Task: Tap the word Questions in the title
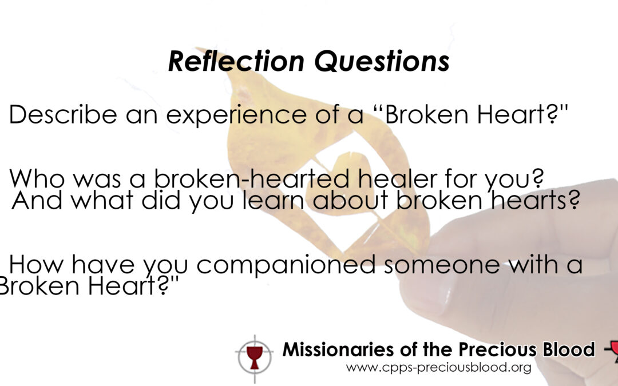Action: click(382, 61)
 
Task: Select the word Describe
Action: click(63, 114)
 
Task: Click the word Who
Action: click(37, 178)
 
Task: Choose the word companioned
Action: click(286, 265)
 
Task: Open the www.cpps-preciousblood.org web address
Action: click(439, 368)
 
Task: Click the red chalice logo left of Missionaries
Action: click(255, 357)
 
